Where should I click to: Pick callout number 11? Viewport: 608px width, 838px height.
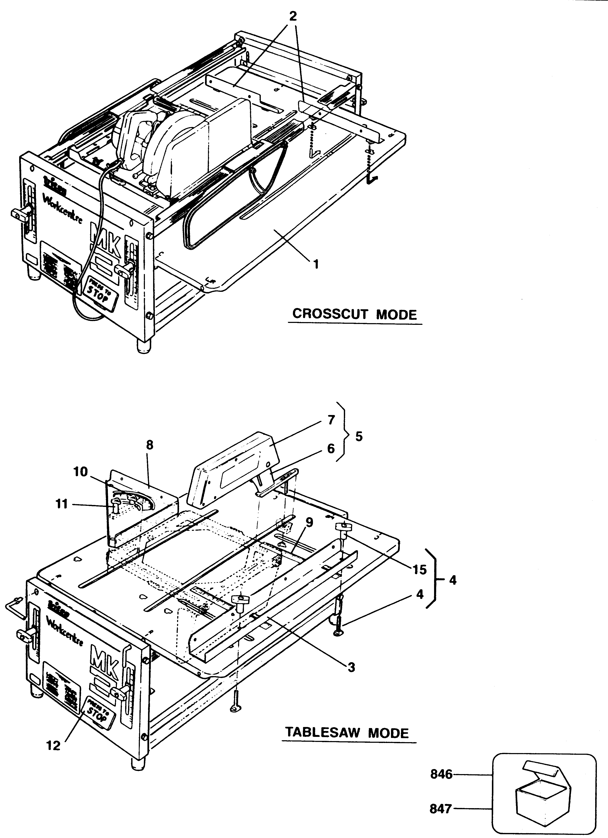(62, 504)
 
